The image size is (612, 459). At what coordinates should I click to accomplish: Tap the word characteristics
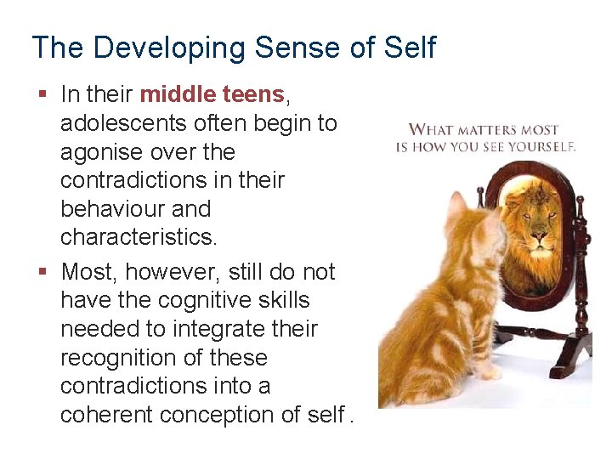pyautogui.click(x=138, y=237)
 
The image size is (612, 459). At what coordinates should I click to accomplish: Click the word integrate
pyautogui.click(x=221, y=329)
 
